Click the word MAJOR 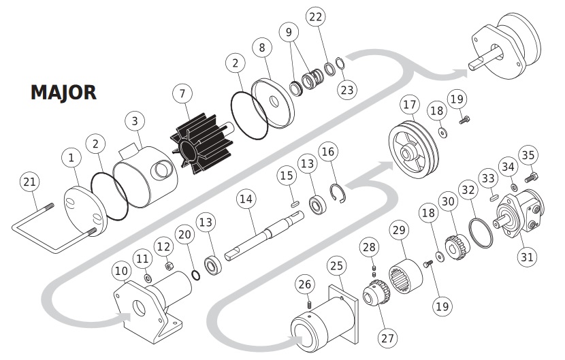[x=63, y=93]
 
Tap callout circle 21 [x=29, y=182]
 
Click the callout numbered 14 [x=246, y=199]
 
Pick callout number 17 [x=408, y=105]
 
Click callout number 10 [x=121, y=272]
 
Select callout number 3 [x=135, y=122]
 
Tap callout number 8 [x=261, y=48]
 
